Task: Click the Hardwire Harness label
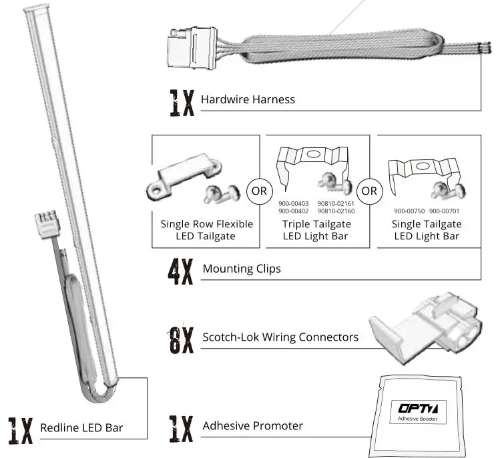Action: (248, 100)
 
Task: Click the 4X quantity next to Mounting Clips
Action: (180, 270)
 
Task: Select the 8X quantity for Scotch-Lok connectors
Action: (180, 338)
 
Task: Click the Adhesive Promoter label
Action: (252, 425)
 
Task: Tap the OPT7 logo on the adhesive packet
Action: (417, 408)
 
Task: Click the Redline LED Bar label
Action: (81, 427)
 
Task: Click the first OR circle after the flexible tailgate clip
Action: (259, 191)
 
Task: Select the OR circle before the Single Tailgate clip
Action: (368, 191)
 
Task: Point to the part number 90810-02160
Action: (336, 211)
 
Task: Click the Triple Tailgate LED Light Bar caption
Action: (316, 230)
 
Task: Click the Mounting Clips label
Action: (242, 269)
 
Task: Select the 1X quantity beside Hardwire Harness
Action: (180, 101)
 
